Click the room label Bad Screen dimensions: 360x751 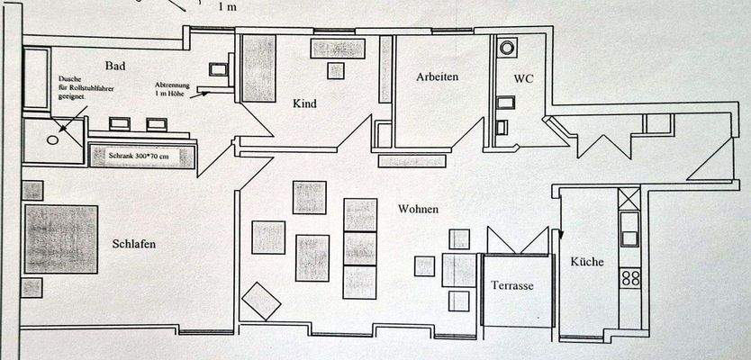[x=114, y=66]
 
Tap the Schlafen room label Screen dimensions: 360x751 [x=138, y=243]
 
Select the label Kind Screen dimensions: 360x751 [x=305, y=103]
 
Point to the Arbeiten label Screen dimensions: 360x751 [x=438, y=76]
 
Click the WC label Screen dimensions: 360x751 [x=524, y=78]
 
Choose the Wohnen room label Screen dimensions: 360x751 [x=418, y=209]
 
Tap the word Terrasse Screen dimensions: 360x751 [x=513, y=285]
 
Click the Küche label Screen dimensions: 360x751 [x=586, y=263]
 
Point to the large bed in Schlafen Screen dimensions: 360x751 [x=61, y=239]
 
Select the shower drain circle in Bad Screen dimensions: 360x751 [x=52, y=139]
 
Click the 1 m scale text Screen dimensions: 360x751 [x=229, y=6]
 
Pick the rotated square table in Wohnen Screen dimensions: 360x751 [x=262, y=301]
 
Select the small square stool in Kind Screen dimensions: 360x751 [x=336, y=70]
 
